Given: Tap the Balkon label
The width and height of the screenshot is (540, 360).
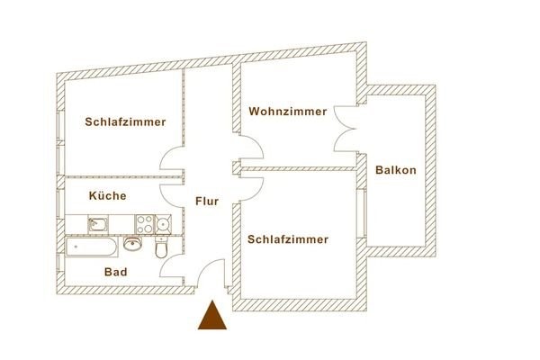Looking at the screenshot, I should (396, 170).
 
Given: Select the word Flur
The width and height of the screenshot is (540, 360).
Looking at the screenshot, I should (207, 202).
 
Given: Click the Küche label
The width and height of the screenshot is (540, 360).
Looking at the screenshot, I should (106, 195).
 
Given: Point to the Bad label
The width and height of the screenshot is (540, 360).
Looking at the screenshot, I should (114, 271).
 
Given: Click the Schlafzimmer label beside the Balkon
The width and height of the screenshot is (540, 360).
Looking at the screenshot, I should (286, 239).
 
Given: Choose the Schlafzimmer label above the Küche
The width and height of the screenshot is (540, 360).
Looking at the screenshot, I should (126, 121).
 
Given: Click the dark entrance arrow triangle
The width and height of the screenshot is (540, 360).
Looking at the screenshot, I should (211, 317).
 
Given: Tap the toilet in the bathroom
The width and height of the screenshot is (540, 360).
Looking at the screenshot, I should (162, 247).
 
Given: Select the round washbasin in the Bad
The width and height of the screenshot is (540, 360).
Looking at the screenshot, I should (134, 242).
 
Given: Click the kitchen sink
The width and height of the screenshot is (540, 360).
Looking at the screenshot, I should (98, 222).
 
